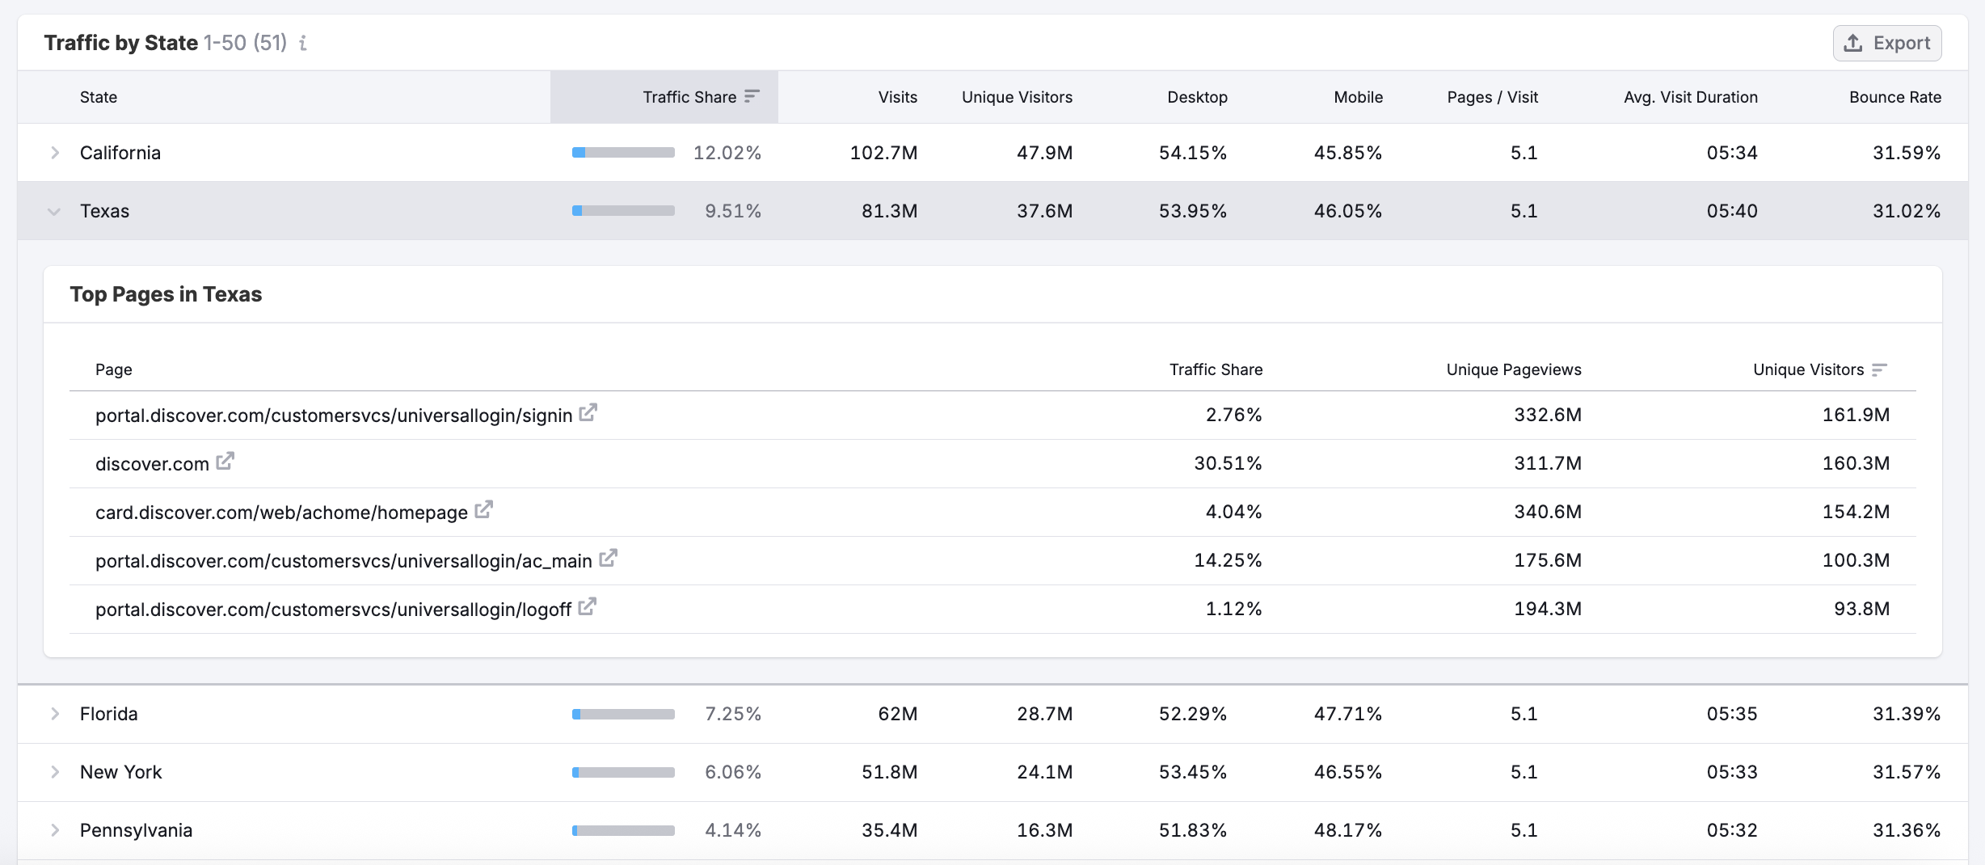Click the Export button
(x=1886, y=43)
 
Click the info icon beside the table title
(x=303, y=43)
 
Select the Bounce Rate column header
(x=1894, y=97)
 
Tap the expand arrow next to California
(x=55, y=153)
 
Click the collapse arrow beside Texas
(x=54, y=212)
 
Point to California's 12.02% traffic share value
(x=727, y=153)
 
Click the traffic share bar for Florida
(x=623, y=714)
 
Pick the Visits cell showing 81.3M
(x=889, y=211)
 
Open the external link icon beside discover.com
(x=225, y=462)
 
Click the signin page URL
(x=333, y=416)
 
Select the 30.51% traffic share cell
(x=1228, y=463)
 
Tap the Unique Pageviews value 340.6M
(x=1547, y=512)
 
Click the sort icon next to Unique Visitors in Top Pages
(x=1879, y=369)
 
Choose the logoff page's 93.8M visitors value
(x=1861, y=609)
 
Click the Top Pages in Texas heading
(x=166, y=294)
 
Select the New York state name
(x=120, y=772)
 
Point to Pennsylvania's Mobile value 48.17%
(x=1347, y=830)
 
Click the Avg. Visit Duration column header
(x=1690, y=97)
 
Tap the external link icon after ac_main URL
(x=608, y=559)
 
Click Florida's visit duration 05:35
(x=1731, y=714)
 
